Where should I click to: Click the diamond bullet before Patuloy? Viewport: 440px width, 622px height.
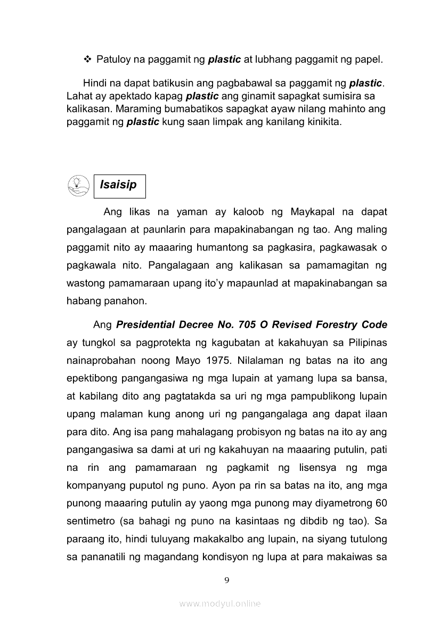tap(88, 60)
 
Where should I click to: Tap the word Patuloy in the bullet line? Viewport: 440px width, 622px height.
tap(114, 60)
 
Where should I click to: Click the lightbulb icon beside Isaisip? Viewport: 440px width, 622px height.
tap(79, 185)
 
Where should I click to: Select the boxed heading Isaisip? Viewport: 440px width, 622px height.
tap(118, 185)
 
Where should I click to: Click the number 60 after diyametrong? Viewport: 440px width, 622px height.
tap(381, 503)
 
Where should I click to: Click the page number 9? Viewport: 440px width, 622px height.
tap(227, 580)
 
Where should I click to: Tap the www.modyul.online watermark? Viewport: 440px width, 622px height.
tap(220, 603)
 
